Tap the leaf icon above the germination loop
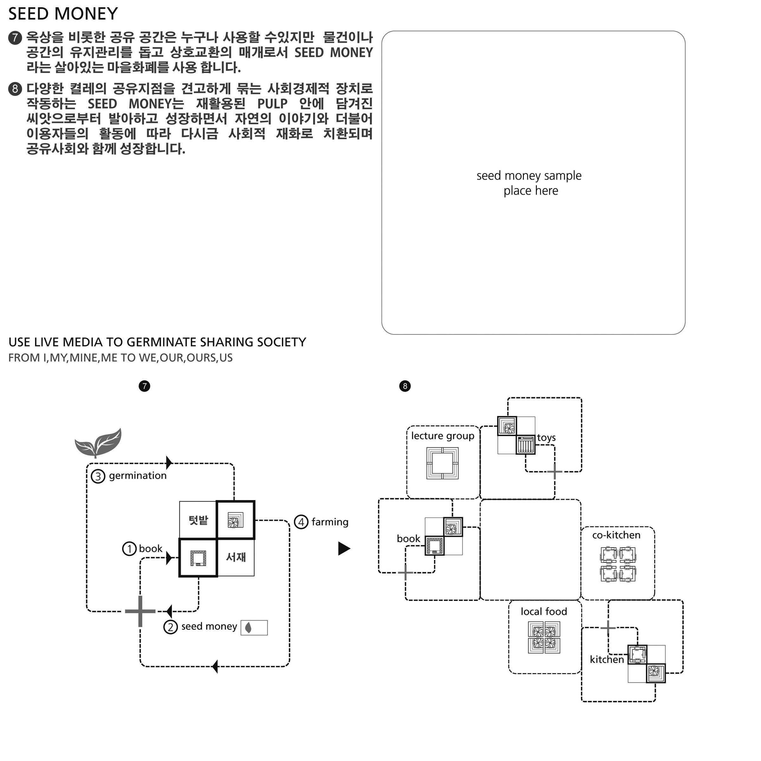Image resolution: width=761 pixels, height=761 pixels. coord(99,442)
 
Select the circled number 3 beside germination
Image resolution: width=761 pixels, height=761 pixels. coord(98,477)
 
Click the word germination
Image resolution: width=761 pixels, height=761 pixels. coord(138,476)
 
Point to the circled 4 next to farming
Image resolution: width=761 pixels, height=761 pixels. coord(301,522)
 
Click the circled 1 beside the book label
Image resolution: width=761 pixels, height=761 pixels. coord(129,549)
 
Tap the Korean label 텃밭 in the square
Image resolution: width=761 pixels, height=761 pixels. coord(198,520)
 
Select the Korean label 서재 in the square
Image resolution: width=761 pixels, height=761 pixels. coord(236,557)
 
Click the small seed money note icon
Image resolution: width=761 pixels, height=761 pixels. coord(254,628)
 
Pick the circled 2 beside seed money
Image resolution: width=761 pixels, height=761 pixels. coord(171,627)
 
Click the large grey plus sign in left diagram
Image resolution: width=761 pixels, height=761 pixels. coord(140,611)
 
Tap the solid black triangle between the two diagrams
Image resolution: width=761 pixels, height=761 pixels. coord(343,549)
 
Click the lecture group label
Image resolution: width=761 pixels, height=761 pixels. coord(442,436)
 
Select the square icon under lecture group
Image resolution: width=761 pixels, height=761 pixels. coord(442,463)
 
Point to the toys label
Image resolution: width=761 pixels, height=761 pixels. coord(546,438)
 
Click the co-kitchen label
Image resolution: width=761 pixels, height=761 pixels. coord(616,535)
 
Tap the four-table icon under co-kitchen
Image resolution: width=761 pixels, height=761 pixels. coord(618,564)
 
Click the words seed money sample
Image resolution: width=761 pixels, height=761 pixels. coord(529,176)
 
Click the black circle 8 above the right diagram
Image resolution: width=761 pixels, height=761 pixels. coord(405,386)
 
